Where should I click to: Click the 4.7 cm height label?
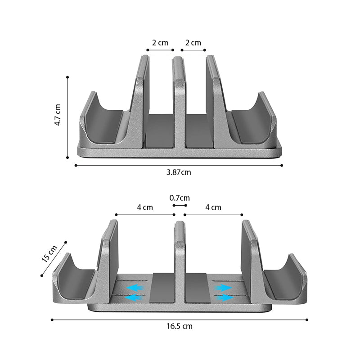58,115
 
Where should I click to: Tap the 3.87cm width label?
179,172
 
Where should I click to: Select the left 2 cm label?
160,43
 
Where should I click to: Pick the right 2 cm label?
193,43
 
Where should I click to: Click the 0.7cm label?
180,198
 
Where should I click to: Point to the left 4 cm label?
145,207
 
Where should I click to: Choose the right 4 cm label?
213,207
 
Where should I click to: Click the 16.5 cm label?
179,326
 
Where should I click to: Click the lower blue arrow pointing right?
225,298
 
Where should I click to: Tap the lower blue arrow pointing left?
133,298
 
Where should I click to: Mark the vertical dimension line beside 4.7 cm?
67,117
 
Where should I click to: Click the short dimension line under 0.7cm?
180,205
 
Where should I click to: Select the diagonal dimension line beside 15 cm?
53,259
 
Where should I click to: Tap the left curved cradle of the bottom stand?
74,281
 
